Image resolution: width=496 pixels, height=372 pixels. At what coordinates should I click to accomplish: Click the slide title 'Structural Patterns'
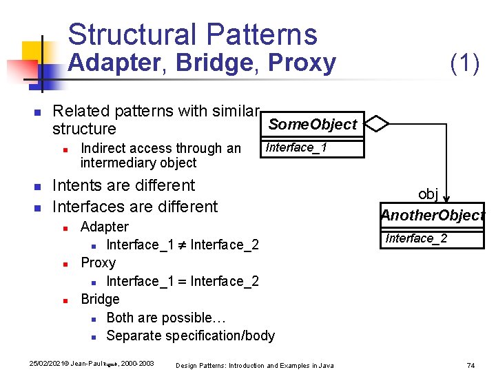[192, 34]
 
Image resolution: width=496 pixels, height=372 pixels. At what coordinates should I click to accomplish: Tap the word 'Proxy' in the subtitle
[302, 63]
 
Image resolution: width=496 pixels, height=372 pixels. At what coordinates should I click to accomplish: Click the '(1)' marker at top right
[464, 63]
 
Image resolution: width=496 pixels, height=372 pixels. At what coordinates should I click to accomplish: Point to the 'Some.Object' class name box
[312, 125]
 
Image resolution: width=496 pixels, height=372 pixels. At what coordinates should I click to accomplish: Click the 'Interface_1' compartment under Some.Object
[297, 147]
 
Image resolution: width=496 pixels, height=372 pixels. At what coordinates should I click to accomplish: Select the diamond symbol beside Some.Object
[377, 124]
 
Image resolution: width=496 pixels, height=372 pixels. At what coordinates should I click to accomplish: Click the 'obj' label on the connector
[428, 194]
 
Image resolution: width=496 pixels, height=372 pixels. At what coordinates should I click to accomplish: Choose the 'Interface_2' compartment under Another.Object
[416, 238]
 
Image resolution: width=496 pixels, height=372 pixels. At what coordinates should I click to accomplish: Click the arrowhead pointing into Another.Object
[446, 202]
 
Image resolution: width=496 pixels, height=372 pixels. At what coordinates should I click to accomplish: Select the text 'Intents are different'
[124, 185]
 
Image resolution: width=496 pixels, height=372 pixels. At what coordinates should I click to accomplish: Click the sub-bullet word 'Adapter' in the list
[104, 227]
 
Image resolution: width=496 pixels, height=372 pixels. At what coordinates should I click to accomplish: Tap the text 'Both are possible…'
[163, 318]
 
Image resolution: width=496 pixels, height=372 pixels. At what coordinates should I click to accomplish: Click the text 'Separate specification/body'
[190, 335]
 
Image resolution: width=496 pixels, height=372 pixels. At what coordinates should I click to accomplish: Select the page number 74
[471, 364]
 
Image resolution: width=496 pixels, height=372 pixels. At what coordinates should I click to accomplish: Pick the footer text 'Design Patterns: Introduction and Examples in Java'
[255, 365]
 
